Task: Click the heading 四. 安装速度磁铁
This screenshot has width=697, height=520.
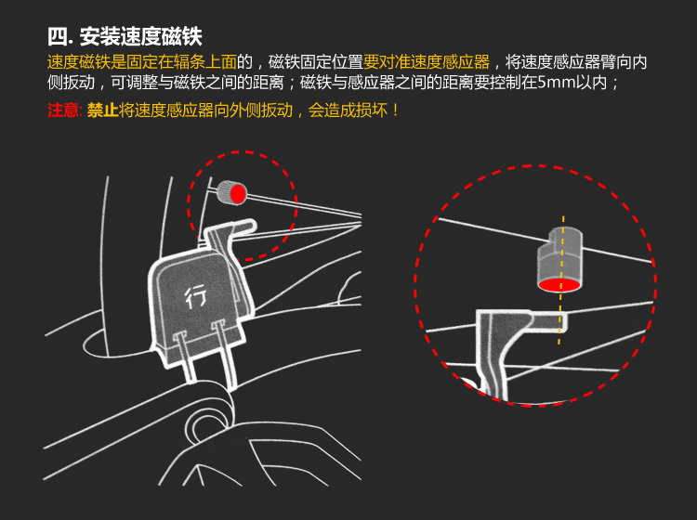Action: tap(125, 37)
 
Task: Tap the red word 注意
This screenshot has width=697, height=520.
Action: tap(62, 110)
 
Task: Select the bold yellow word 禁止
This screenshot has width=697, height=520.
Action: tap(102, 110)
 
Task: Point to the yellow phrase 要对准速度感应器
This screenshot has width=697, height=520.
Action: tap(427, 62)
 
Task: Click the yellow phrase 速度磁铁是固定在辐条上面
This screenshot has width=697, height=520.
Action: tap(142, 62)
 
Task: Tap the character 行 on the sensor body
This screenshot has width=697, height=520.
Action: tap(195, 296)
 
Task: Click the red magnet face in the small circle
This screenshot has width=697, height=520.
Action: tap(238, 194)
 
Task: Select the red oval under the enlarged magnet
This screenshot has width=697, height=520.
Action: tap(559, 285)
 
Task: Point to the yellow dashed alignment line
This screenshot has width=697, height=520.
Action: tap(561, 280)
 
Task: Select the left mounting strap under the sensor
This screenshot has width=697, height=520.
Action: tap(187, 357)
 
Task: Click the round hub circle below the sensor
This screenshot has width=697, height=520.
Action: tap(207, 424)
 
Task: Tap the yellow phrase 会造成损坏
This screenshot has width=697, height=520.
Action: tap(348, 110)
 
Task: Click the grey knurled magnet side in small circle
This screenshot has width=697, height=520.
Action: tap(225, 191)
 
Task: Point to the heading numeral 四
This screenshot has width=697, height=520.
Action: tap(58, 37)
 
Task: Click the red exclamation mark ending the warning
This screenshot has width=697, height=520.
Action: tap(396, 110)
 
